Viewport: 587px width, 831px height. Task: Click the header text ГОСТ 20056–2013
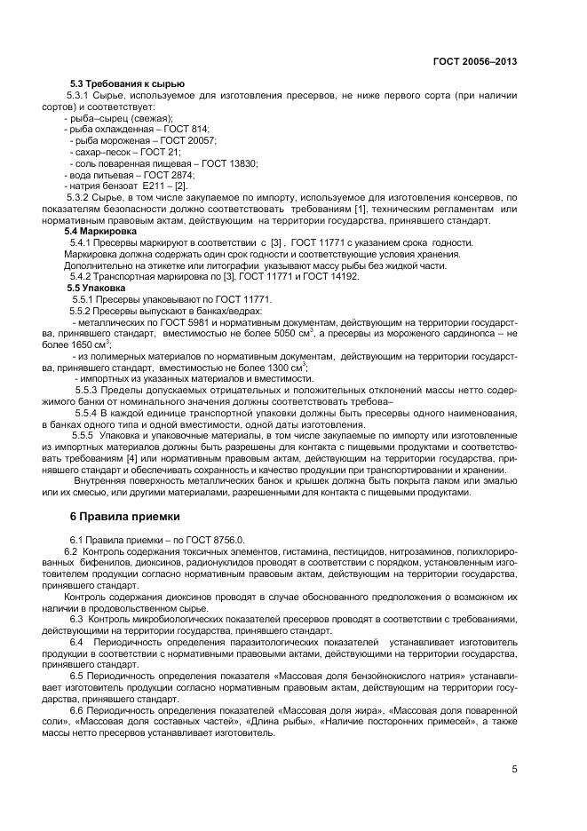click(x=475, y=61)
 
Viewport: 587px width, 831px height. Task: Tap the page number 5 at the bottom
click(x=514, y=769)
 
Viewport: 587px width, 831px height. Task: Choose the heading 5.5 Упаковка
click(x=97, y=289)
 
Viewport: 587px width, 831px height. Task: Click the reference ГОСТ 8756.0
click(x=222, y=540)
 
